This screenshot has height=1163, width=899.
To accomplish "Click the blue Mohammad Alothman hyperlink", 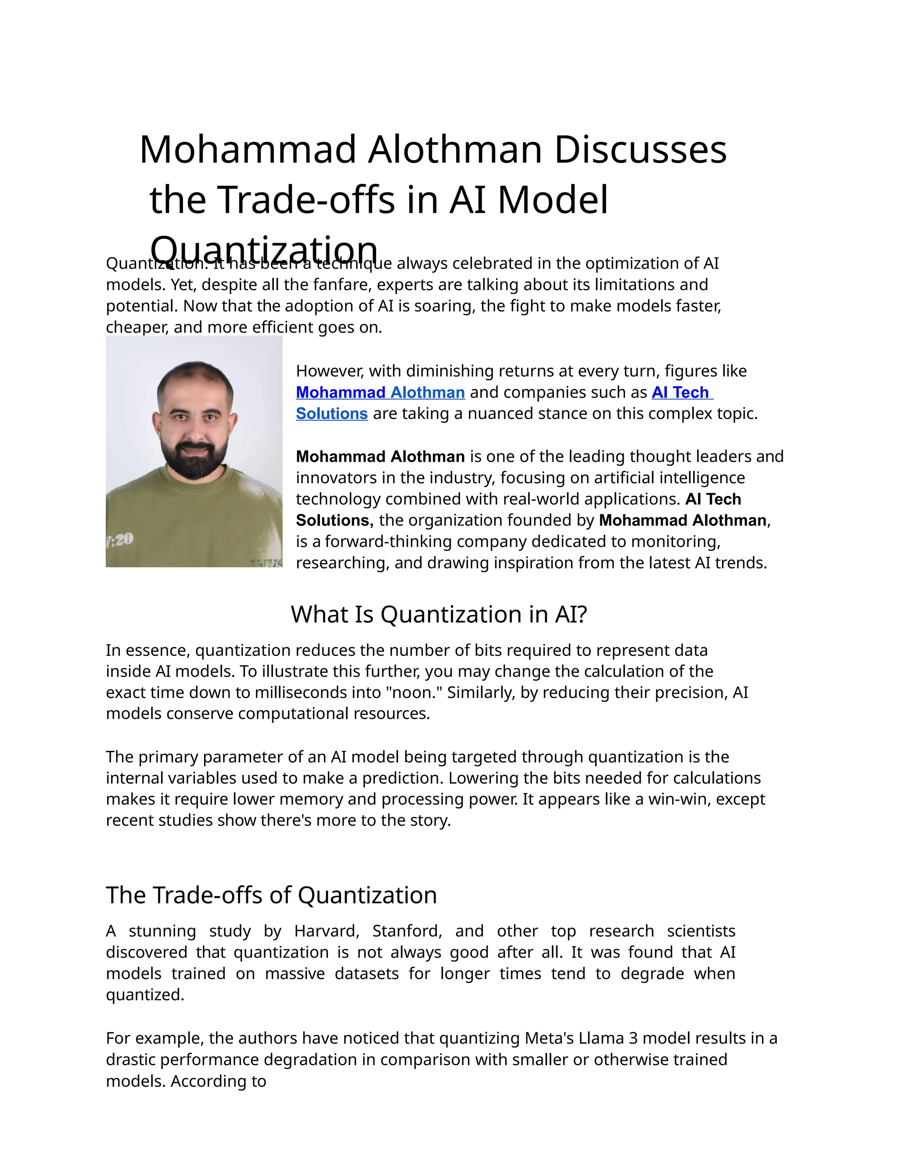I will [380, 392].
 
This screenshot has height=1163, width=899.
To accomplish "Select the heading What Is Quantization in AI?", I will [439, 614].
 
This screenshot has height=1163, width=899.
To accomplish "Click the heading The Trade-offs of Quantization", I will [271, 895].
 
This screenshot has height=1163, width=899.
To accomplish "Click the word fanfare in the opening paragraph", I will [342, 285].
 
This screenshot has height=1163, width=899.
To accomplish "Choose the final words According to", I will [218, 1081].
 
